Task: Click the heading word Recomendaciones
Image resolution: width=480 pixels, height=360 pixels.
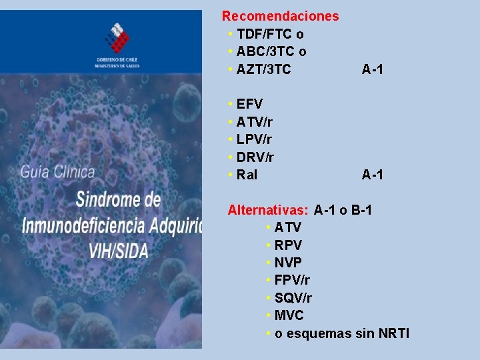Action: coord(280,16)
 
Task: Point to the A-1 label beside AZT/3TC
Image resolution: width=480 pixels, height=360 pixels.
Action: coord(372,69)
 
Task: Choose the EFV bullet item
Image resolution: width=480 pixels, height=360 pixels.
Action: coord(249,104)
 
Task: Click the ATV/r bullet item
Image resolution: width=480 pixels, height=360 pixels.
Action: coord(254,122)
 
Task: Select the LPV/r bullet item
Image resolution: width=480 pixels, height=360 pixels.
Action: coord(254,139)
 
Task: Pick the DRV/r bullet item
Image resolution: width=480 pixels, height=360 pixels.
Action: coord(255,157)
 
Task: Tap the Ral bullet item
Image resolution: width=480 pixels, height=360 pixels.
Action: coord(247,175)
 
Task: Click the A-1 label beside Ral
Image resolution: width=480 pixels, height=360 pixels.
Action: coord(372,175)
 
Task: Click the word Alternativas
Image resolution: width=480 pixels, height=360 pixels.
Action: coord(267,210)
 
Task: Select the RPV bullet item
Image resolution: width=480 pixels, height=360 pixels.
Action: coord(288,245)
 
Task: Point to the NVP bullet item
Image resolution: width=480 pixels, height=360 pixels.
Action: coord(288,263)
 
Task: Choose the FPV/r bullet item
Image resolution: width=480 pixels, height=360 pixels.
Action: coord(292,280)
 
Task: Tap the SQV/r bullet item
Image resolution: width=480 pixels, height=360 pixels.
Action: coord(293,298)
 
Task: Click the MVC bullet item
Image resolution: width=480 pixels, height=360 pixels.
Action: coord(289,315)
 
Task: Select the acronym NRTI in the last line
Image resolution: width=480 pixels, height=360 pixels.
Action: coord(393,333)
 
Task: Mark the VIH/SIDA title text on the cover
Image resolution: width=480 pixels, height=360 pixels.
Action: coord(114,250)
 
